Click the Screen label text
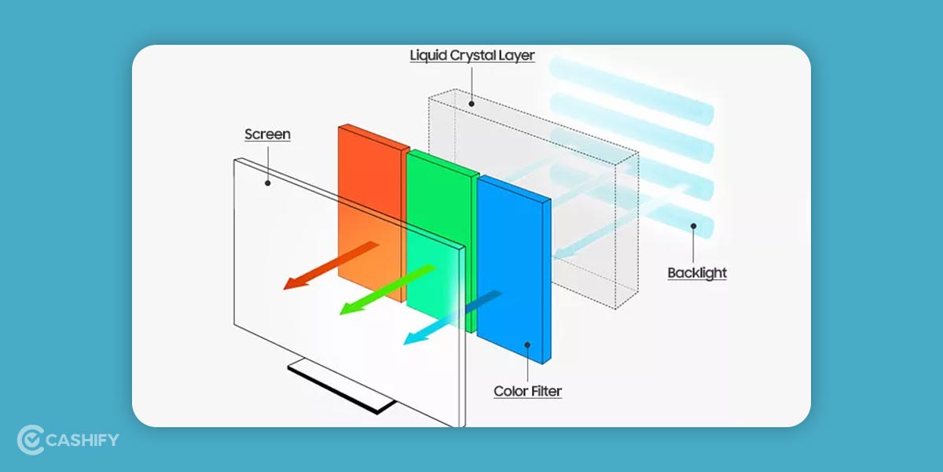267,135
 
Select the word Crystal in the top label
475,55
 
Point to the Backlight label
697,273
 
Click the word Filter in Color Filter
545,391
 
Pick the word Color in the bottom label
510,391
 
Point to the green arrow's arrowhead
346,311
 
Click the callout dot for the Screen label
268,183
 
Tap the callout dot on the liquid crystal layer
471,103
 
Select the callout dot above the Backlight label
692,226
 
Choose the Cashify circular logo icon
30,440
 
